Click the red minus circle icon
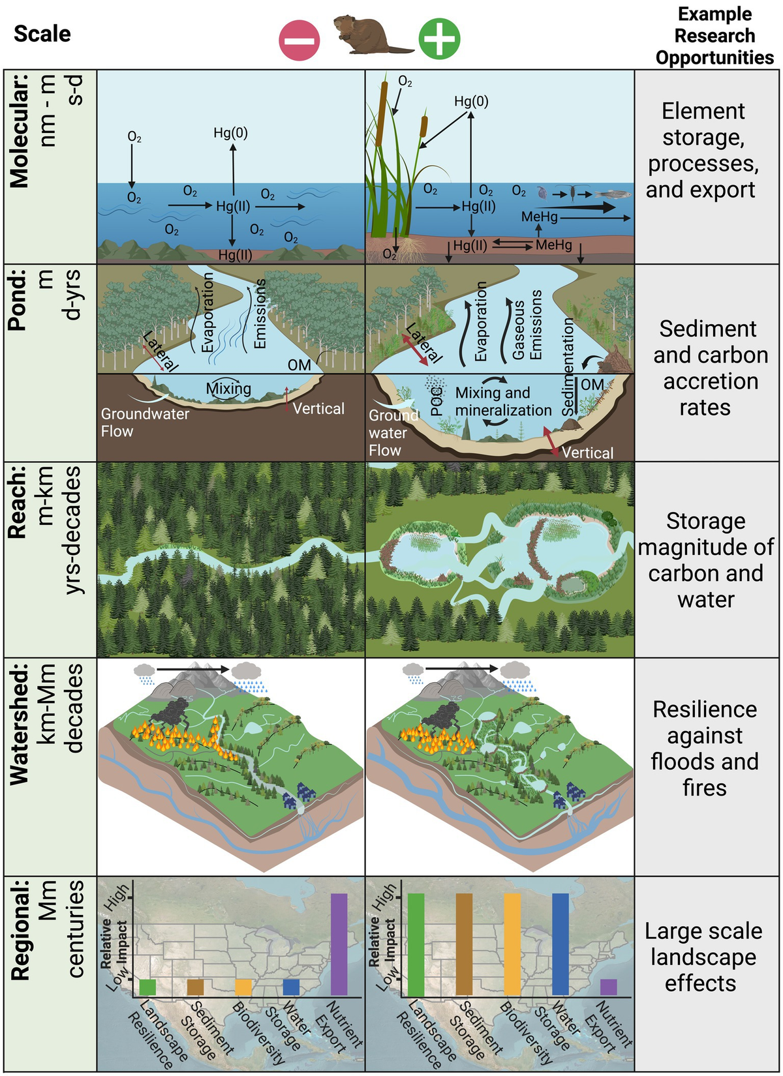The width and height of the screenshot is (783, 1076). (x=299, y=39)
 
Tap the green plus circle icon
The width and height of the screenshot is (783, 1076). (x=439, y=38)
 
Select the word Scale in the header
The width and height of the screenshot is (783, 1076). (x=42, y=34)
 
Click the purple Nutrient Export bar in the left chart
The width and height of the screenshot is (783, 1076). (x=339, y=944)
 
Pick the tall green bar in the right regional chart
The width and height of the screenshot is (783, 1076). (x=416, y=944)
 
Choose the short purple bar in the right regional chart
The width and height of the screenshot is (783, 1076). (x=608, y=987)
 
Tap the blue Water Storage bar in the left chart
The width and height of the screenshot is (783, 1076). (x=291, y=987)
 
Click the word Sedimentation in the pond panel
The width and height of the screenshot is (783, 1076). (x=568, y=366)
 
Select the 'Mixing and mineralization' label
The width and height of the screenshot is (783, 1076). (x=503, y=402)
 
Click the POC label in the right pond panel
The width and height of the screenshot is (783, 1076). (x=437, y=401)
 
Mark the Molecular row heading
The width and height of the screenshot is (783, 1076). (x=20, y=130)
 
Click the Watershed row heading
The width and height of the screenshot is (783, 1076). (x=20, y=724)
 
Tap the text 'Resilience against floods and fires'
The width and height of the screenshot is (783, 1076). (x=705, y=748)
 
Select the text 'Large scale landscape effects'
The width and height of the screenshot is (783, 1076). (x=703, y=957)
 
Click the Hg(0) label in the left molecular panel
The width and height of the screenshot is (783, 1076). (x=230, y=133)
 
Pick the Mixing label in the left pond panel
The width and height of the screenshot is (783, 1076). (x=228, y=389)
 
